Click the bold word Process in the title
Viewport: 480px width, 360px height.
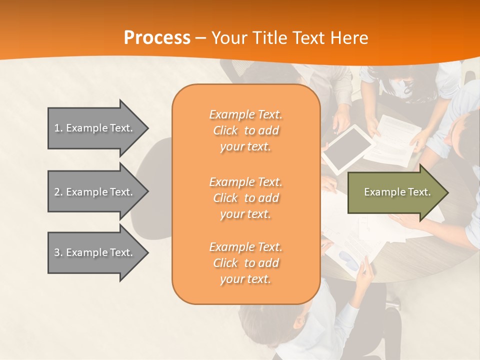[157, 38]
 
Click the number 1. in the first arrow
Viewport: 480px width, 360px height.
[58, 128]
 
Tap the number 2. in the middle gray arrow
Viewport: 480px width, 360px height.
[58, 192]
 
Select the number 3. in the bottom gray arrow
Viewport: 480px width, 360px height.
[58, 252]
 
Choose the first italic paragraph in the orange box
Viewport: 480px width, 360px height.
[245, 130]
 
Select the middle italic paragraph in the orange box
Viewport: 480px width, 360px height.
[245, 197]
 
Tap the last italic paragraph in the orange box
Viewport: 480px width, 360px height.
[245, 263]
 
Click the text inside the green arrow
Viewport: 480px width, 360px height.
[397, 192]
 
